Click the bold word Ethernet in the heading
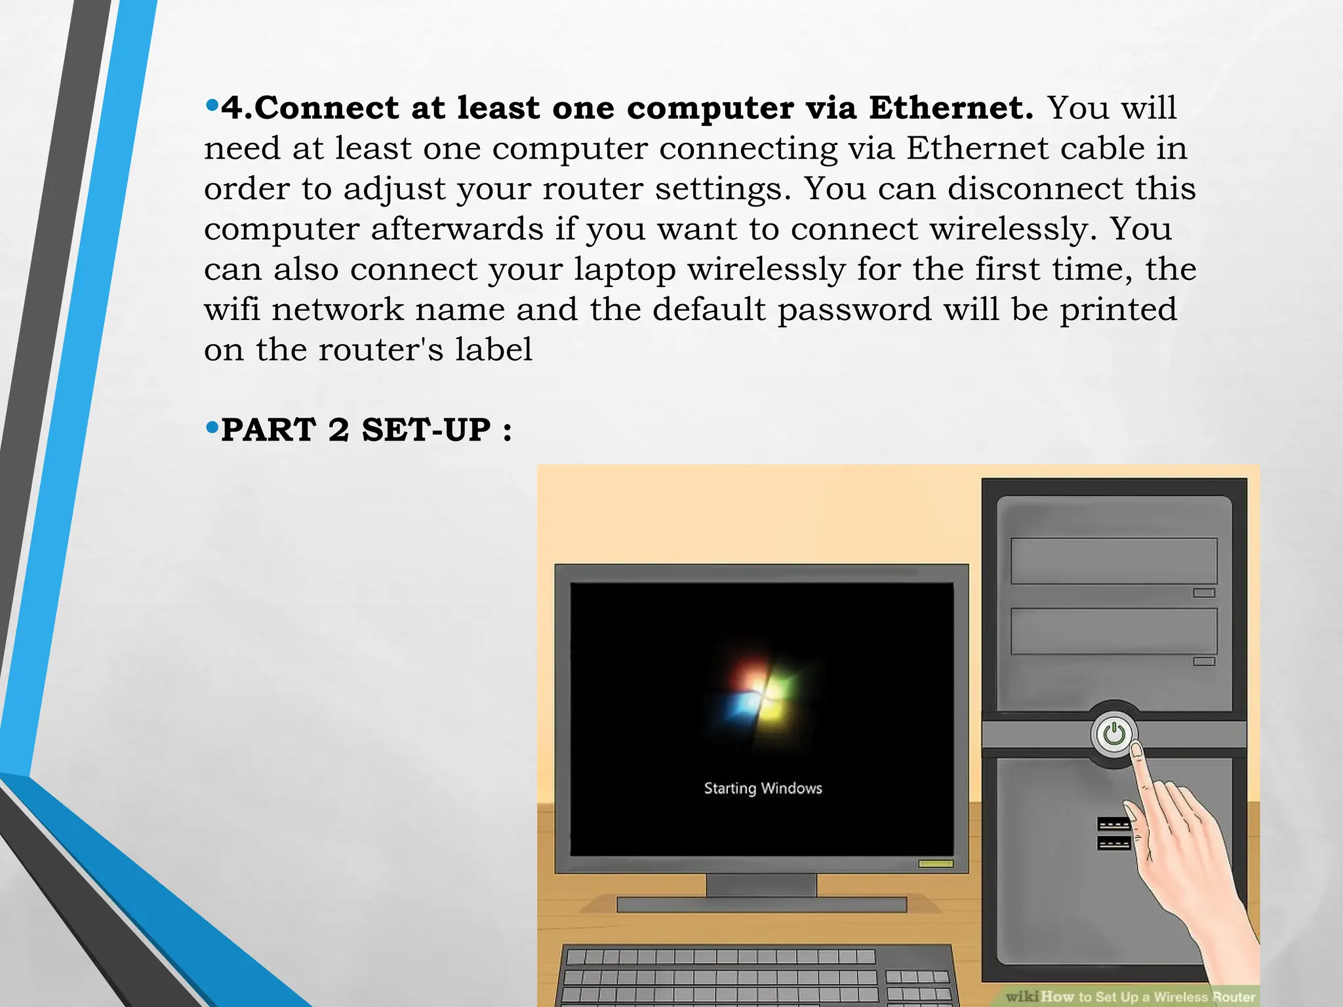tap(951, 108)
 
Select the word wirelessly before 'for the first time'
tap(767, 269)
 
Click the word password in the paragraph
tap(854, 309)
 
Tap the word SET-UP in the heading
tap(426, 430)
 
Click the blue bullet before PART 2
tap(211, 428)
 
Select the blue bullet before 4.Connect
tap(211, 105)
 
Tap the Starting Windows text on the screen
tap(763, 788)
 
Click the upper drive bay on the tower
tap(1113, 561)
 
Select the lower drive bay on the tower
tap(1113, 631)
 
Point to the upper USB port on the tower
tap(1113, 824)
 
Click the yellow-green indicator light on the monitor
tap(936, 863)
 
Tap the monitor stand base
tap(761, 905)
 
